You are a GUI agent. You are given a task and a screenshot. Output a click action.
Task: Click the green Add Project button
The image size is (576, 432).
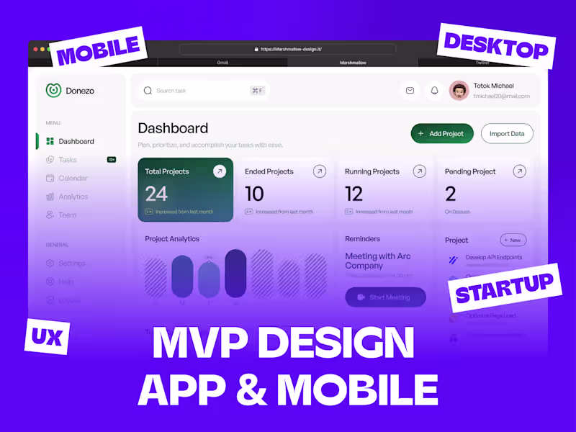pos(442,133)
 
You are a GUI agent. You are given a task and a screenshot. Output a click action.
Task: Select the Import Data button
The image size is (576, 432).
pos(507,133)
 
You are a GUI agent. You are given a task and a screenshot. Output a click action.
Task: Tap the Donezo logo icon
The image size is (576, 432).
pos(53,90)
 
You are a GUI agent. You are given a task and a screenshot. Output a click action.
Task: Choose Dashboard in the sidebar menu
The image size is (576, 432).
pos(76,141)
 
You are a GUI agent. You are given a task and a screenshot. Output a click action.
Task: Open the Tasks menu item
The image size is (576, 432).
pos(68,160)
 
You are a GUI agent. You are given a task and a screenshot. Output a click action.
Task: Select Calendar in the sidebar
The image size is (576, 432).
pos(73,178)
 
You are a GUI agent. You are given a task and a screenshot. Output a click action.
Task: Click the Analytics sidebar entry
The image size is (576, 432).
pos(73,197)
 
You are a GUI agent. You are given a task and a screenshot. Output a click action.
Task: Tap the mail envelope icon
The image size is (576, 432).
pos(410,90)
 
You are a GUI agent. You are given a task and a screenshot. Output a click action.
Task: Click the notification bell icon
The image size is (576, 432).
pos(434,90)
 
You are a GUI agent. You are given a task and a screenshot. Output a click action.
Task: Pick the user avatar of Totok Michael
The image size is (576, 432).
pos(459,90)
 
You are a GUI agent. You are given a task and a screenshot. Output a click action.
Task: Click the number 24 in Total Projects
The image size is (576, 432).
pos(156,193)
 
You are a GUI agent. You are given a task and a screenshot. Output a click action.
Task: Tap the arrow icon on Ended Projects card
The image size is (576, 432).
pos(320,171)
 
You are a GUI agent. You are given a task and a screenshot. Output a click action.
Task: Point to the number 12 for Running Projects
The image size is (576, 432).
pos(354,193)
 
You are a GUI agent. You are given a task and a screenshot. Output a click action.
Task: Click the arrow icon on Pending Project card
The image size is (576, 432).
pos(519,171)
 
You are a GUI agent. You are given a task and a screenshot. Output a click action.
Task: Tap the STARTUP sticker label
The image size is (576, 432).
pos(504,289)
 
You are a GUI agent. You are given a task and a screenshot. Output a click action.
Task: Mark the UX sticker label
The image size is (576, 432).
pos(47,336)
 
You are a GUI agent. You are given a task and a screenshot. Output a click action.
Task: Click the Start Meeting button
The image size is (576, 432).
pos(385,297)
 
